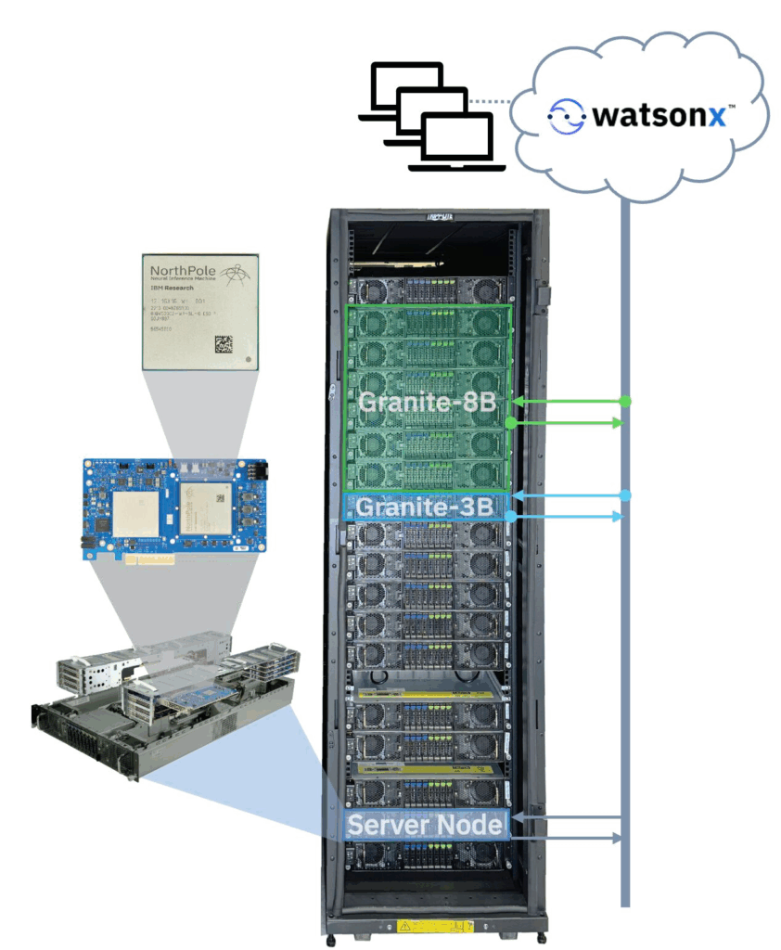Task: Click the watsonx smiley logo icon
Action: point(566,116)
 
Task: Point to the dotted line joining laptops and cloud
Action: point(490,101)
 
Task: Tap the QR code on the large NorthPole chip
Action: point(224,342)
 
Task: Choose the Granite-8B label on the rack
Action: point(422,403)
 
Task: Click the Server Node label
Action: point(425,825)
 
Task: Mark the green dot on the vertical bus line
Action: point(626,402)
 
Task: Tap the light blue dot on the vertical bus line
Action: point(626,494)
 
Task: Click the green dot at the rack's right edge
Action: point(511,423)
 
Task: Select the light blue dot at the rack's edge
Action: point(510,516)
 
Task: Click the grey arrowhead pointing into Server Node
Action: point(518,817)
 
